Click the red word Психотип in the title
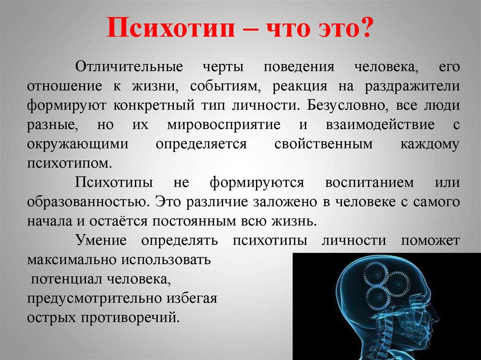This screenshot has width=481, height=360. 171,28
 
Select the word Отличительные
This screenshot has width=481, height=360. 129,67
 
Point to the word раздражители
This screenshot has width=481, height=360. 412,87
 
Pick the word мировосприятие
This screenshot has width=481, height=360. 224,125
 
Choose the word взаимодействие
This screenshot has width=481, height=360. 380,125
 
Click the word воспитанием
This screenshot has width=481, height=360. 369,183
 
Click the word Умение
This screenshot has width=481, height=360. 101,240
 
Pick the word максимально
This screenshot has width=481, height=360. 72,260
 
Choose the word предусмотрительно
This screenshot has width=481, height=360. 95,299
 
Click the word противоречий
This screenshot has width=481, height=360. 130,318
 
